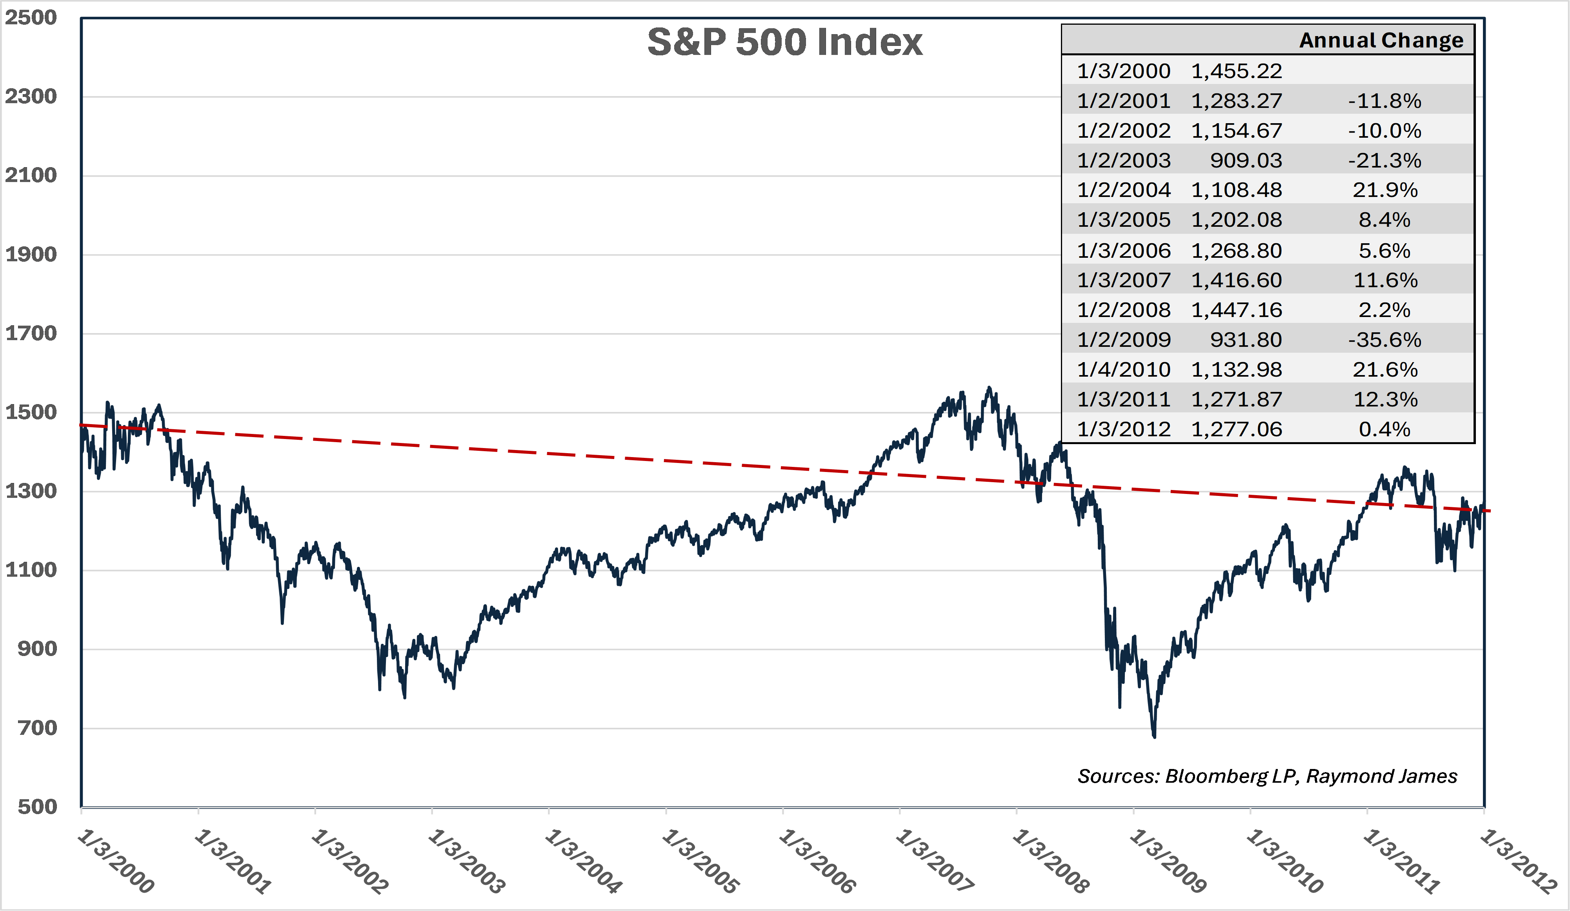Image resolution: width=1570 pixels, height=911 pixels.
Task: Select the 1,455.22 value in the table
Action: [x=1236, y=71]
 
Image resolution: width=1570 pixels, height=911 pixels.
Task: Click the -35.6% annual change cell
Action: [x=1384, y=340]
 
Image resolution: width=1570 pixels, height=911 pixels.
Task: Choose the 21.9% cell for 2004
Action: [x=1384, y=189]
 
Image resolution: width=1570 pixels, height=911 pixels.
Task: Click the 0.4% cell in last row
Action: [x=1384, y=429]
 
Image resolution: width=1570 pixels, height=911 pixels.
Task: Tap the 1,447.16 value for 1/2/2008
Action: [x=1236, y=310]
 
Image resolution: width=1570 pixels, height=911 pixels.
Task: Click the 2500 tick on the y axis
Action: [x=31, y=17]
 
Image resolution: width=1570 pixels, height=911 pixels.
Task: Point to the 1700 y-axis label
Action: [x=31, y=333]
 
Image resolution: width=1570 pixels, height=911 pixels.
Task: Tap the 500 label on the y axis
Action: [x=37, y=807]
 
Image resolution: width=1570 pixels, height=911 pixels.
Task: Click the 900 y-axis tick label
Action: [x=37, y=649]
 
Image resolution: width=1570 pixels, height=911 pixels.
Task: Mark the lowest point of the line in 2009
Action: [x=1154, y=736]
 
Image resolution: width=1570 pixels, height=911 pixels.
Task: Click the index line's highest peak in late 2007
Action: [x=989, y=388]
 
